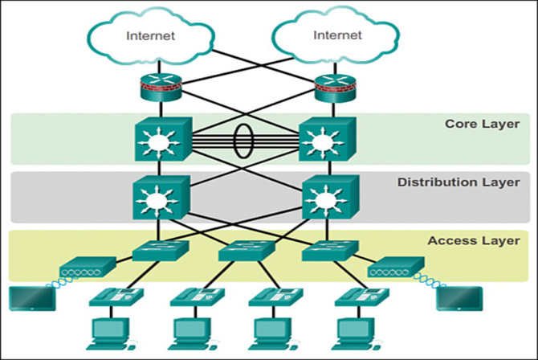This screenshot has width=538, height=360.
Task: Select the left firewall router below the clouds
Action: tap(157, 88)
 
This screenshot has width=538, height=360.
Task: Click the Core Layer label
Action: tap(482, 124)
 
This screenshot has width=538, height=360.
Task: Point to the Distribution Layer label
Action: tap(459, 182)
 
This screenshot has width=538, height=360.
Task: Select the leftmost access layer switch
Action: tap(161, 252)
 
